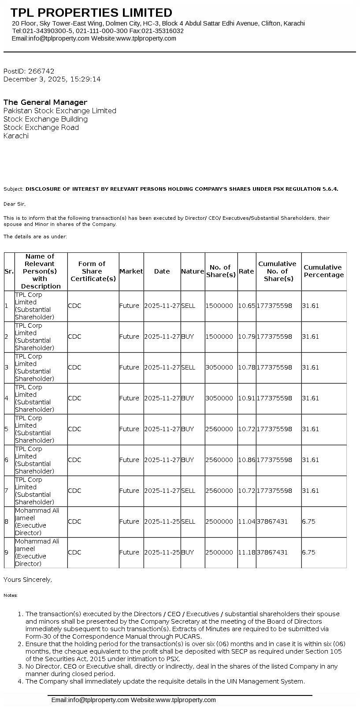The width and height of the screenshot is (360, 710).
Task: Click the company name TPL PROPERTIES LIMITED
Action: click(x=91, y=13)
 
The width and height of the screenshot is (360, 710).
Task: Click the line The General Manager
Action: click(x=45, y=102)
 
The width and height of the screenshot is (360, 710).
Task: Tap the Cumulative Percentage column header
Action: click(x=323, y=271)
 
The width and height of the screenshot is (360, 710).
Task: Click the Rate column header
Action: click(x=246, y=271)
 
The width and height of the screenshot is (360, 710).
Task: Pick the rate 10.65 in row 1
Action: click(x=246, y=306)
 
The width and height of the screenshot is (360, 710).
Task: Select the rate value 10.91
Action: click(x=246, y=398)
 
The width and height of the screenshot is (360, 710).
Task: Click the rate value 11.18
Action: click(x=246, y=552)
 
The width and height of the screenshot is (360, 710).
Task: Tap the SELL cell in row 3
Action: click(x=188, y=367)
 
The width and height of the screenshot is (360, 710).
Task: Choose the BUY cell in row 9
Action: click(x=187, y=552)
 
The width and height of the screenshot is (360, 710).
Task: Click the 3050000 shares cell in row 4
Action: click(x=219, y=398)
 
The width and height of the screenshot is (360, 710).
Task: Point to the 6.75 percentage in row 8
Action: click(x=308, y=521)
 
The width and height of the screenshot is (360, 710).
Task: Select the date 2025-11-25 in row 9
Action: click(x=162, y=552)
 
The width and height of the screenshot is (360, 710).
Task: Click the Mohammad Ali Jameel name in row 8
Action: click(x=37, y=514)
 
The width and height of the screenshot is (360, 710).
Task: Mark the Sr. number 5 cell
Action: click(x=6, y=429)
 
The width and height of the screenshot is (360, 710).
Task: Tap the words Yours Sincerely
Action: click(x=28, y=580)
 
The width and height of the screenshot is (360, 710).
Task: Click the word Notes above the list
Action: click(x=11, y=595)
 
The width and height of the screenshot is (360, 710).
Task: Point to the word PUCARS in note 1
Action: click(x=188, y=636)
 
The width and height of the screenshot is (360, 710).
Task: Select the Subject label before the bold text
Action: click(x=13, y=189)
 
